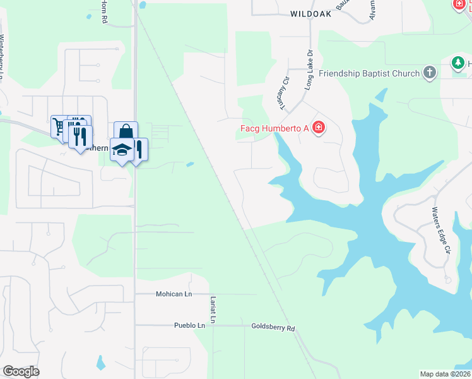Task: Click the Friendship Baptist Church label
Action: point(369,73)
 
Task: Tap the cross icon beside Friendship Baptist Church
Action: point(430,73)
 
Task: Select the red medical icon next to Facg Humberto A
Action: point(319,128)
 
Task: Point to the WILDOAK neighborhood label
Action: point(310,13)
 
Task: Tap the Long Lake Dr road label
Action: point(309,71)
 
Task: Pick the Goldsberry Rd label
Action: point(273,328)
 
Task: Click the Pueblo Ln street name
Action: point(190,326)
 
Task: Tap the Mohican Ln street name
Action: point(174,294)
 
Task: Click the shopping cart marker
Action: point(59,126)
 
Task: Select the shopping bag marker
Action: point(126,132)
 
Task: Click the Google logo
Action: point(21,371)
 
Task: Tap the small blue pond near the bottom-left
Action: point(100,363)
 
